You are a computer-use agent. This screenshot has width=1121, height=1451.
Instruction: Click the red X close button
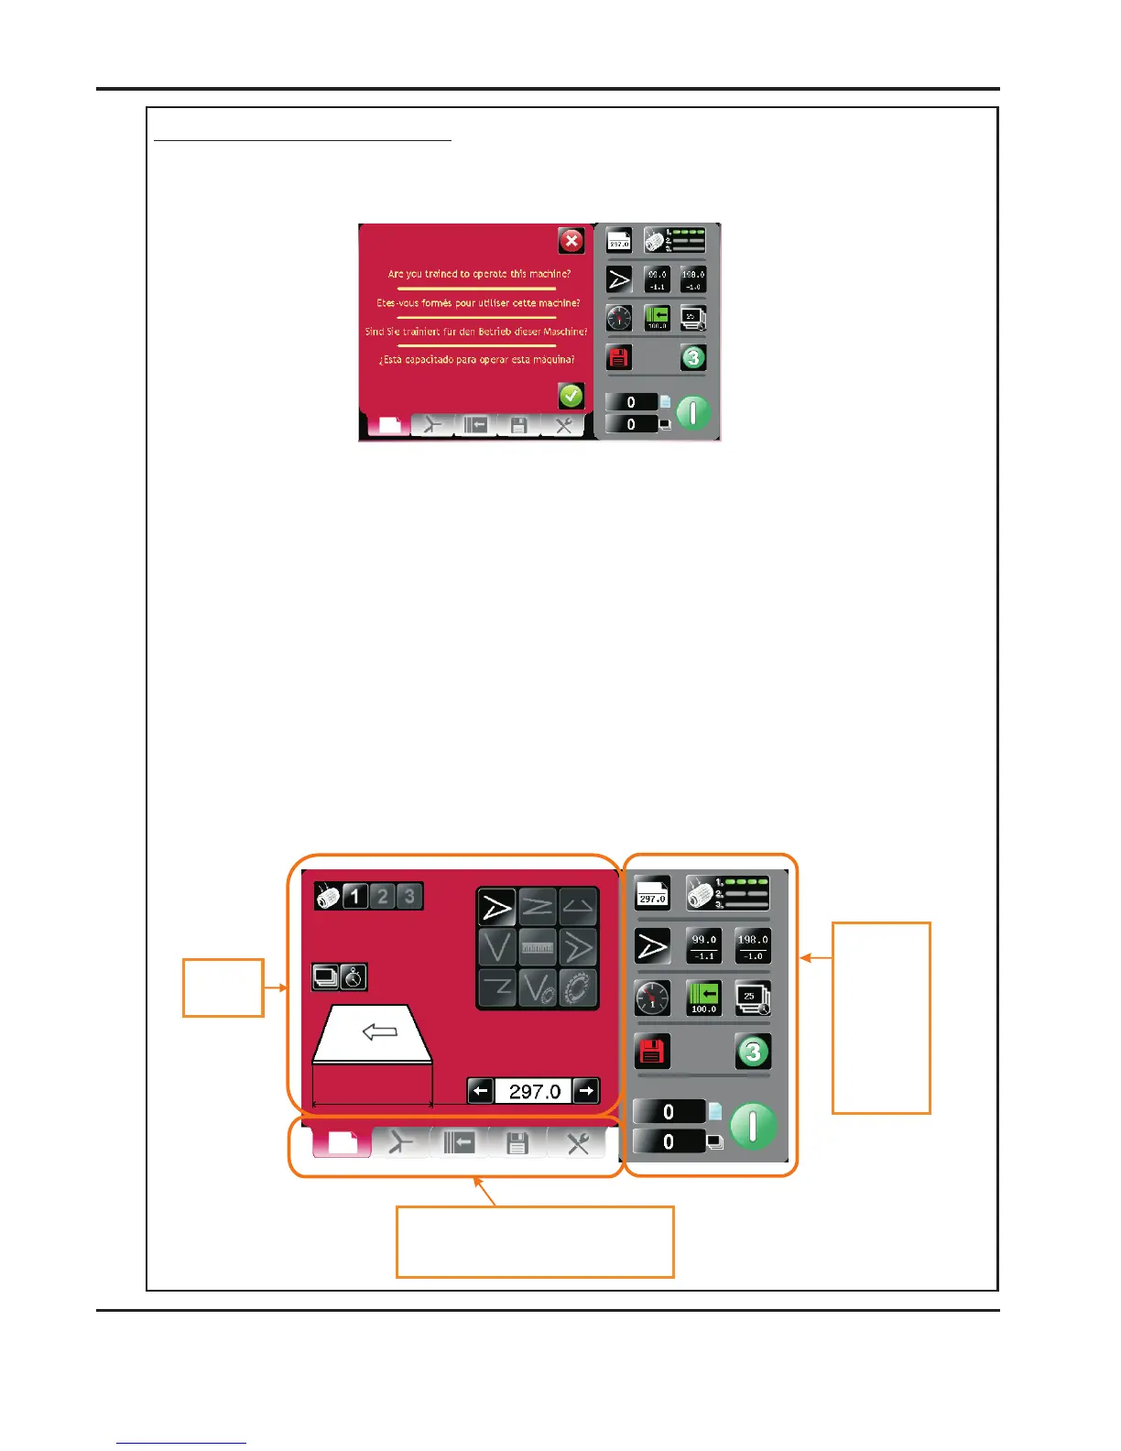tap(571, 241)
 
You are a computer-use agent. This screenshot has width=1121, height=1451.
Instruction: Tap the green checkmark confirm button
tap(571, 396)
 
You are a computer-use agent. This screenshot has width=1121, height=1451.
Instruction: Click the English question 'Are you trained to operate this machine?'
tap(479, 274)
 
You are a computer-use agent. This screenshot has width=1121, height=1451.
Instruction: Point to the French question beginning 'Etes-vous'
tap(478, 303)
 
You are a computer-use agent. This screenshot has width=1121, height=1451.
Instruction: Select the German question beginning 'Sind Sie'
tap(476, 332)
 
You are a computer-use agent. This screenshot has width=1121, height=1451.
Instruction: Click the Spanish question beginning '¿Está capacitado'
tap(476, 360)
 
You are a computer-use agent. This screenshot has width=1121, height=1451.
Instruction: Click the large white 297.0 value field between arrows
tap(534, 1091)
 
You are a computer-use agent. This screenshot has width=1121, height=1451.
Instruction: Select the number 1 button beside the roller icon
tap(355, 896)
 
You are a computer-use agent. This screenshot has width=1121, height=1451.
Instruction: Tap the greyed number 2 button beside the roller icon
tap(383, 896)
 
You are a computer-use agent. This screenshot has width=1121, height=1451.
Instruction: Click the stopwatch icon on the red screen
tap(354, 977)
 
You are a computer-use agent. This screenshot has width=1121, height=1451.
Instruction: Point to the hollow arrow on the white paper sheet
tap(380, 1032)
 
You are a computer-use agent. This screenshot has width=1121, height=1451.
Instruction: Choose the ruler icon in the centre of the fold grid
tap(538, 948)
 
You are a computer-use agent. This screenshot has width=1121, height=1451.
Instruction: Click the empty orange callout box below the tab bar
tap(535, 1241)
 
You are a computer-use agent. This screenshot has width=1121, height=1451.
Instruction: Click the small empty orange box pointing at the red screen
tap(223, 987)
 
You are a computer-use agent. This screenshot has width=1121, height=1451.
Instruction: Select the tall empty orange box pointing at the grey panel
tap(881, 1017)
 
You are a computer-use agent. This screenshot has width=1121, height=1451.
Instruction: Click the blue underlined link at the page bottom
tap(181, 1443)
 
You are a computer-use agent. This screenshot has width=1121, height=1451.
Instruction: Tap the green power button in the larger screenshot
tap(753, 1126)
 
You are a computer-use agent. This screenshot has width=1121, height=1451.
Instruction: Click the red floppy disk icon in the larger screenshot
tap(652, 1052)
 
